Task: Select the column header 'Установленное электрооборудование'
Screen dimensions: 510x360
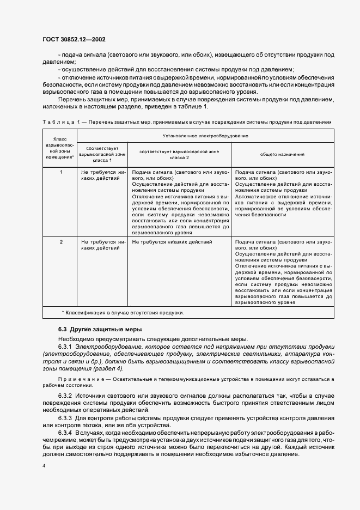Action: pos(204,135)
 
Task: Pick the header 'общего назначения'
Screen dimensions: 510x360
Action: pos(282,154)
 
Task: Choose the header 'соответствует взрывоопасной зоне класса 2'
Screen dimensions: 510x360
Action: pos(179,154)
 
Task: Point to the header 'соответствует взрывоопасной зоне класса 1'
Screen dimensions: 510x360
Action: pos(103,154)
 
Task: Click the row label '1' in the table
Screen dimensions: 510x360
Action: pos(61,172)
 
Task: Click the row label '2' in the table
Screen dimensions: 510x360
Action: pos(61,241)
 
